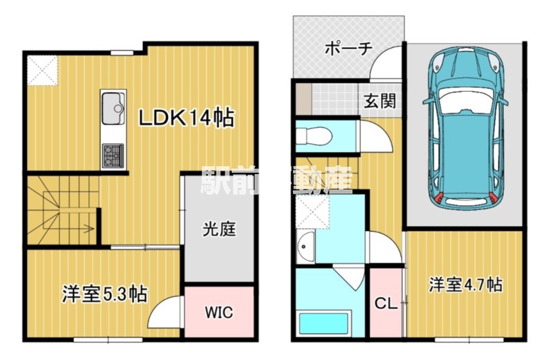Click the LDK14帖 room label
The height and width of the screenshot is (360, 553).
(186, 117)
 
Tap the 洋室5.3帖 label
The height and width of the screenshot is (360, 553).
(105, 294)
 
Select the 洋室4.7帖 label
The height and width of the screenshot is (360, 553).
(465, 284)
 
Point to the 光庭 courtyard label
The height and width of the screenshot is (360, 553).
(218, 229)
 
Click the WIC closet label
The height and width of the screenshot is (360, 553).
(219, 312)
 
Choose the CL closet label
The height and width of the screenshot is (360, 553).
(386, 303)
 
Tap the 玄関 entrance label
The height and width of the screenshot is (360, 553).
(379, 101)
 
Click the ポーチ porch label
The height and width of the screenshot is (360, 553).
(348, 48)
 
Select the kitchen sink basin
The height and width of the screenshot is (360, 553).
(113, 108)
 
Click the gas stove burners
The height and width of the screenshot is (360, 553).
(113, 155)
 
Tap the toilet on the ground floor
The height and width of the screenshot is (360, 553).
(313, 136)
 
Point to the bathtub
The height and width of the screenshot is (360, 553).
(324, 323)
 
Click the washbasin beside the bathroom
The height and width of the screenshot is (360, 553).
(306, 247)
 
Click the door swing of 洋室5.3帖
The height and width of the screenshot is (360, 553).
(165, 312)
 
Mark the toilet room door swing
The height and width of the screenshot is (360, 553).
(375, 136)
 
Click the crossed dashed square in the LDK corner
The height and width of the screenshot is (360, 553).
(43, 70)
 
